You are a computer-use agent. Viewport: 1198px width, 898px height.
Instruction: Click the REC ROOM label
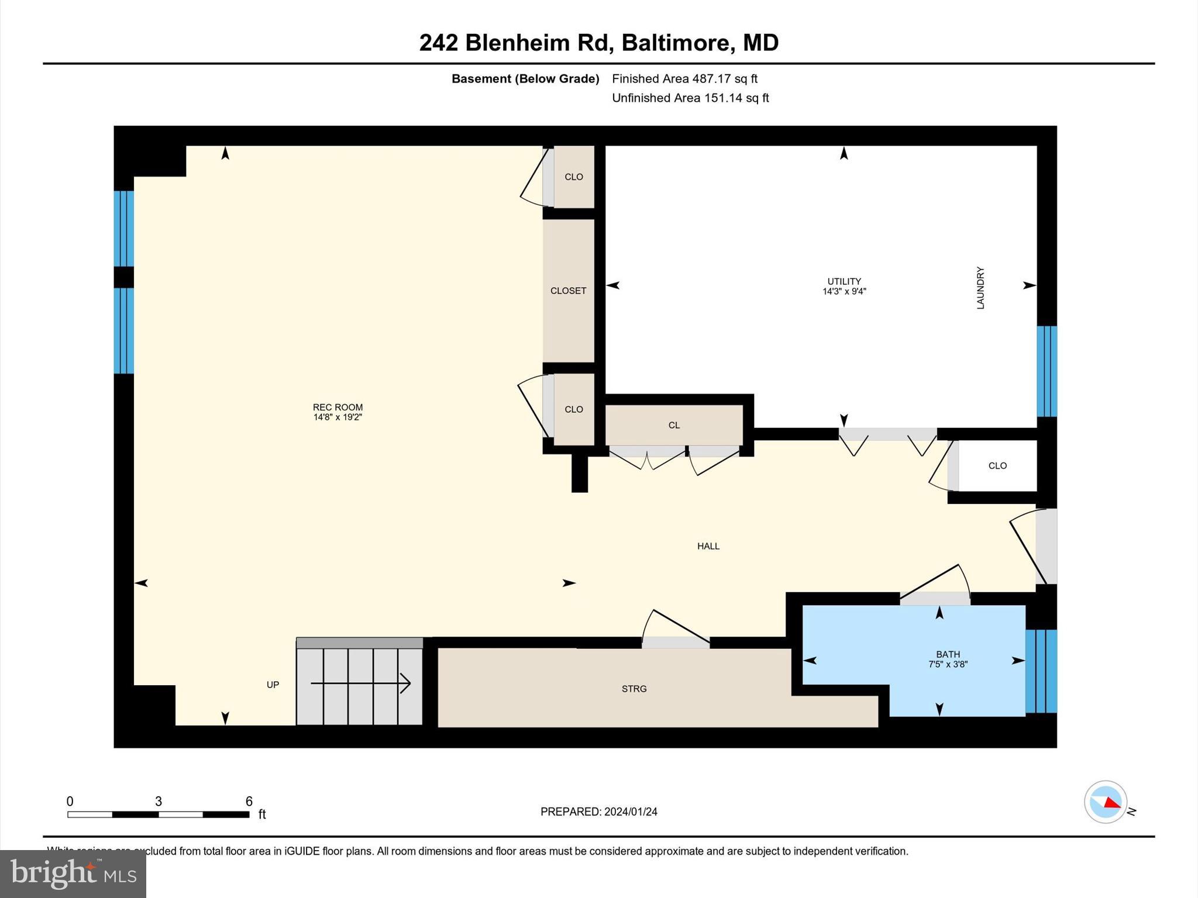tap(338, 407)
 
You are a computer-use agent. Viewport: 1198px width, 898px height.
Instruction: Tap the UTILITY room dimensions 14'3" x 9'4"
tap(844, 292)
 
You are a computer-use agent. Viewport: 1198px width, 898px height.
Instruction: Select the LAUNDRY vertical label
tap(980, 288)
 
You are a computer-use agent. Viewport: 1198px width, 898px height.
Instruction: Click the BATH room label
tap(948, 654)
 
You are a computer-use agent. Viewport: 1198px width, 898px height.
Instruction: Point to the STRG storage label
tap(634, 689)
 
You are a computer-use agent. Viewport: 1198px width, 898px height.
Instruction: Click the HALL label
tap(708, 546)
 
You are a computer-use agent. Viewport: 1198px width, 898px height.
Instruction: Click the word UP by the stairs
tap(273, 685)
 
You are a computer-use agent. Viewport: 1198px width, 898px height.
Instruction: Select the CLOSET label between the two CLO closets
tap(568, 291)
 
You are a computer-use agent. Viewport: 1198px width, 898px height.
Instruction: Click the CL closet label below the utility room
tap(674, 426)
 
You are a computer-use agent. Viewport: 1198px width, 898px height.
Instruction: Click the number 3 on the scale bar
tap(158, 802)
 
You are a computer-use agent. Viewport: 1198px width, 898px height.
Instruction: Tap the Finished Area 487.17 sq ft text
tap(684, 78)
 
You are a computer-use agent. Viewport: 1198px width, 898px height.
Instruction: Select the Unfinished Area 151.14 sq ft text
tap(690, 98)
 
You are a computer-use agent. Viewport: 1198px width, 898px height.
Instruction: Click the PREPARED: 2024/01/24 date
tap(598, 811)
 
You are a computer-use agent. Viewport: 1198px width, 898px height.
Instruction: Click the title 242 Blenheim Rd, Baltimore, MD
tap(598, 43)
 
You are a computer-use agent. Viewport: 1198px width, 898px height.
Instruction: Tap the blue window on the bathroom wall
tap(1041, 671)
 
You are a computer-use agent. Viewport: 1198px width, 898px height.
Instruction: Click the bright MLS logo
tap(73, 873)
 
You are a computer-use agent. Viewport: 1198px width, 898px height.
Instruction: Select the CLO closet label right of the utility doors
tap(997, 466)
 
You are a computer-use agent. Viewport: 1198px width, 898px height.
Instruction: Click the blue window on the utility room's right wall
tap(1046, 371)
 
